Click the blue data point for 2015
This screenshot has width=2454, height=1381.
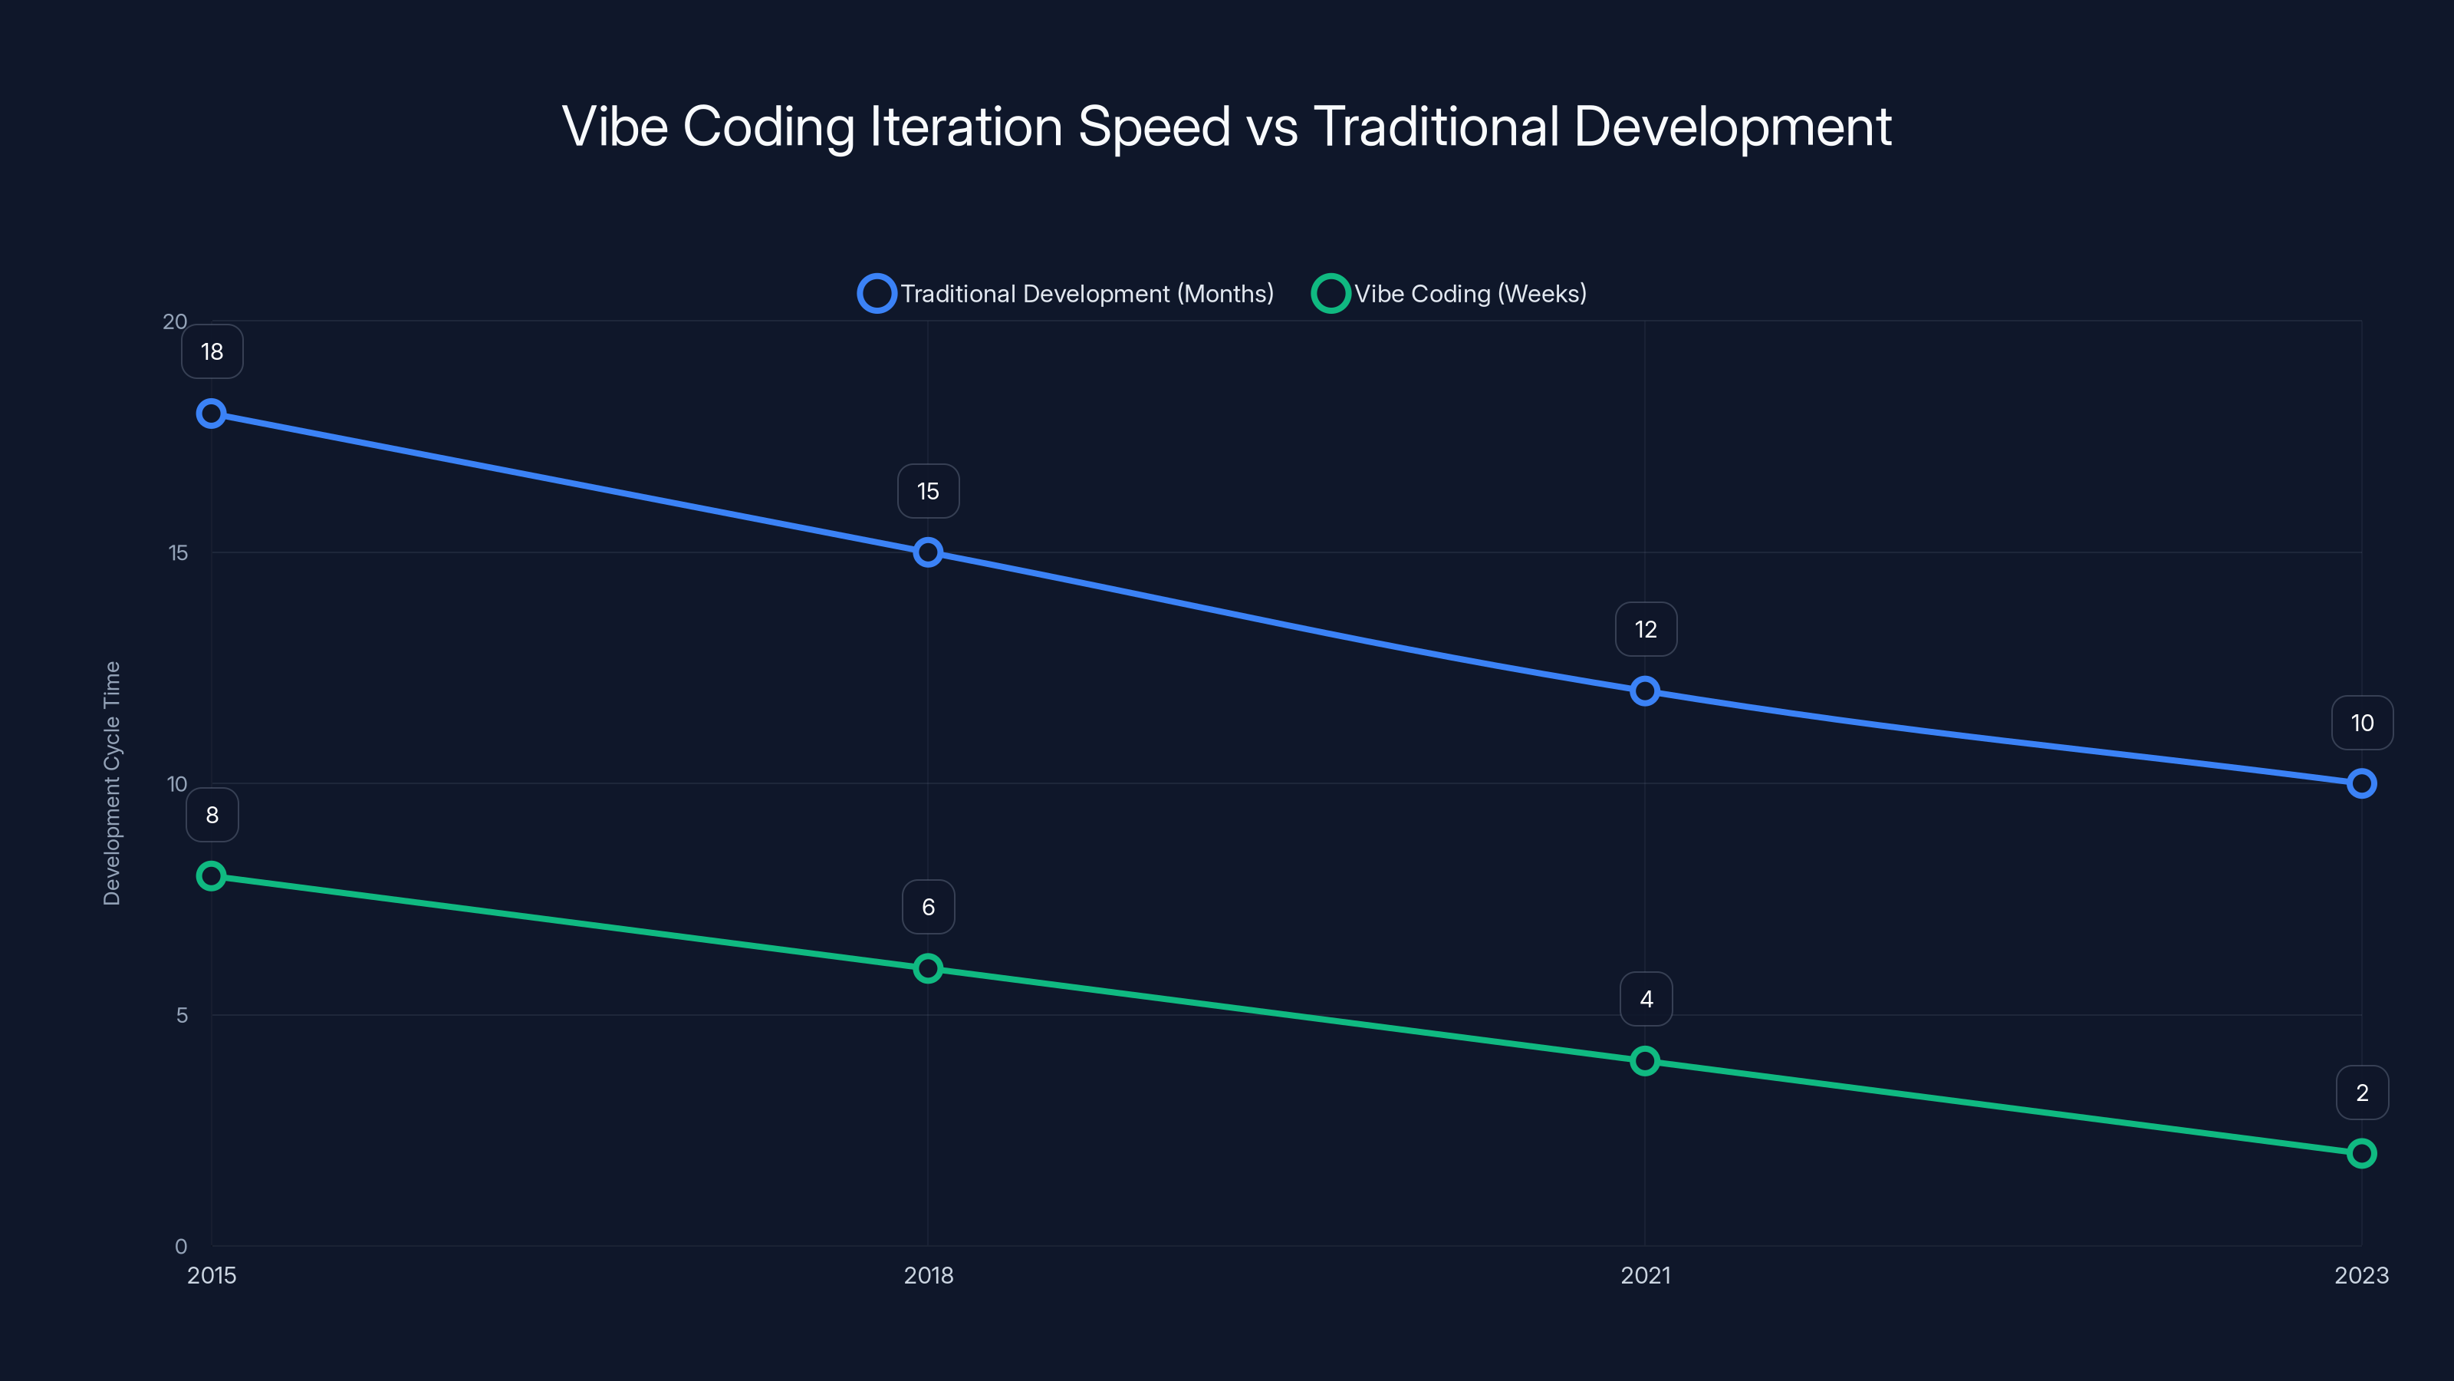pyautogui.click(x=212, y=414)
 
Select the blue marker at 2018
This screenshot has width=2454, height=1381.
pyautogui.click(x=928, y=552)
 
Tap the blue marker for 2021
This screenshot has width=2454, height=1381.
pyautogui.click(x=1644, y=691)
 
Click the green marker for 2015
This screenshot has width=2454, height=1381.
pyautogui.click(x=212, y=876)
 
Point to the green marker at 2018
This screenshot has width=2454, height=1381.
pyautogui.click(x=928, y=968)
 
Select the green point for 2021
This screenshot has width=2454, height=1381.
pyautogui.click(x=1644, y=1061)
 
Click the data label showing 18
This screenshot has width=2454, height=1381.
pyautogui.click(x=212, y=351)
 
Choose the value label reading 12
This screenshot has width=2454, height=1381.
pyautogui.click(x=1645, y=629)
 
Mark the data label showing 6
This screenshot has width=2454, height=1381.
pyautogui.click(x=928, y=906)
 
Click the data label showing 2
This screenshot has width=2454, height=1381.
pyautogui.click(x=2362, y=1093)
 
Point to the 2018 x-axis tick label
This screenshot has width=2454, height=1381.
pyautogui.click(x=928, y=1275)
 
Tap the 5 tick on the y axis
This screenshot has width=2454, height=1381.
pyautogui.click(x=181, y=1015)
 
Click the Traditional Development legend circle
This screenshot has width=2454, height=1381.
pyautogui.click(x=877, y=294)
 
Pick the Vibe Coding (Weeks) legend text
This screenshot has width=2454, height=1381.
pyautogui.click(x=1470, y=294)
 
